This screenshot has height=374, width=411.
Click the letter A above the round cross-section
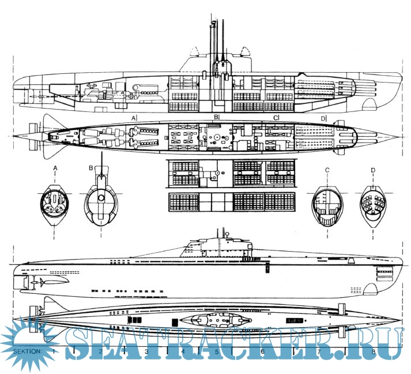55,168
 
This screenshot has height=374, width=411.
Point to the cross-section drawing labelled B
102,204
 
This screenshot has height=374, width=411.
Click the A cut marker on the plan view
134,118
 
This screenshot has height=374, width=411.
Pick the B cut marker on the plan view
217,117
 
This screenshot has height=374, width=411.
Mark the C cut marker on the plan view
276,118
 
